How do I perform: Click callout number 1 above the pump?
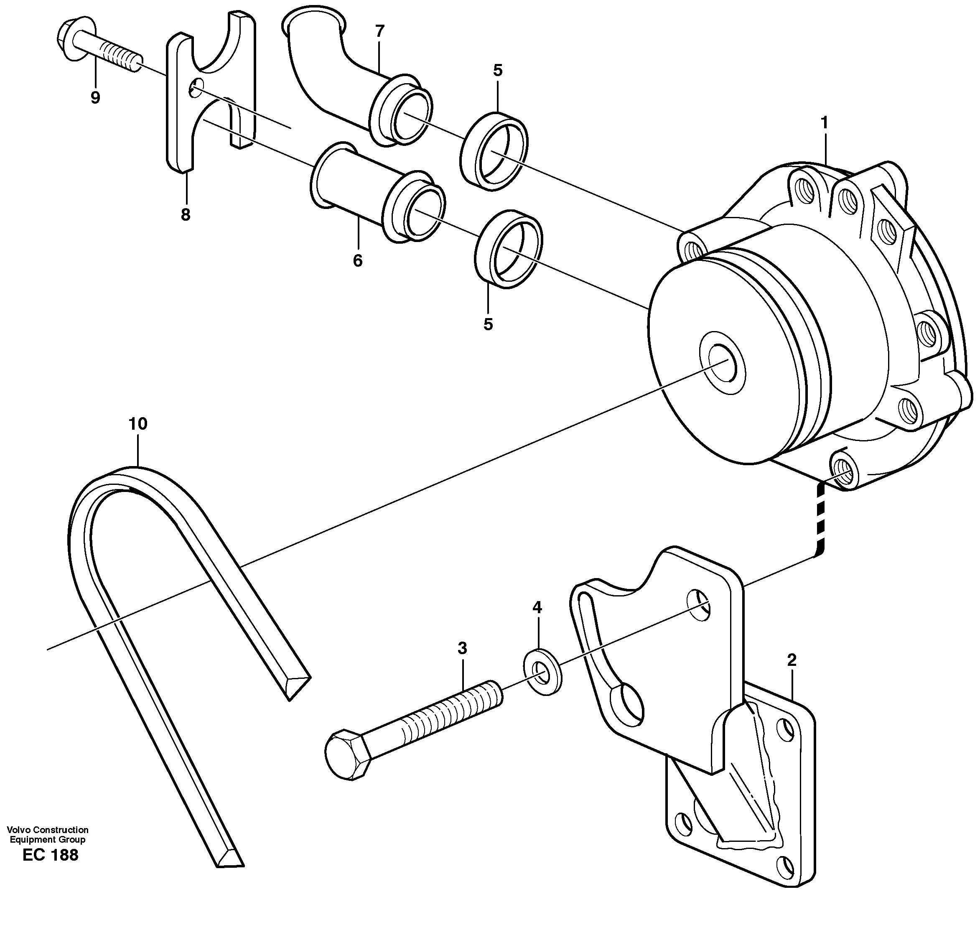click(x=824, y=122)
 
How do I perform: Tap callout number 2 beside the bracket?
click(x=792, y=660)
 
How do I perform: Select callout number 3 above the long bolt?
click(x=462, y=648)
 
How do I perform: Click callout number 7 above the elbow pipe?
click(x=379, y=31)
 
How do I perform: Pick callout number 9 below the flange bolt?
click(x=95, y=97)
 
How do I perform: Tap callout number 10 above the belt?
click(x=138, y=424)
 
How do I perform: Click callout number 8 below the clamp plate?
click(x=186, y=215)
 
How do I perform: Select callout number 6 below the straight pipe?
click(x=357, y=260)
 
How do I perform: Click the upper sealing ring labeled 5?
click(x=494, y=152)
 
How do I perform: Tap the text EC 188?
click(x=51, y=855)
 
